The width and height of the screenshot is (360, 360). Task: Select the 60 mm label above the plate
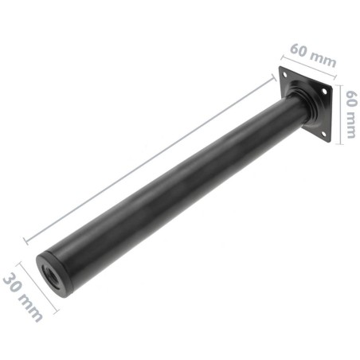(x=312, y=53)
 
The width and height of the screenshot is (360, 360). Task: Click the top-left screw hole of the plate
(x=284, y=73)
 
